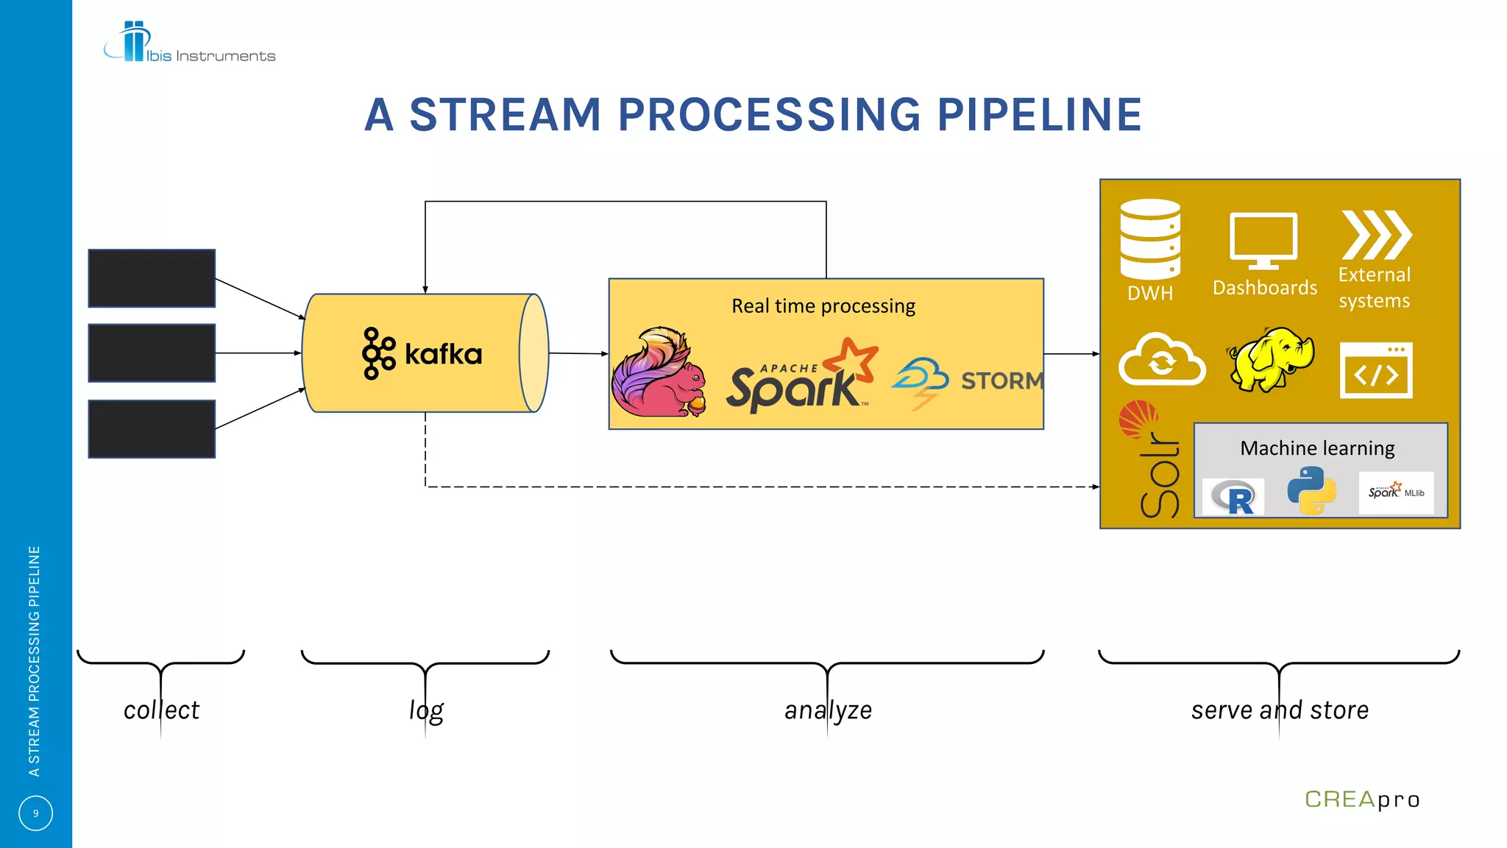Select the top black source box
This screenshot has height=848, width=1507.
(152, 278)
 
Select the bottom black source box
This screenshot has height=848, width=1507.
(152, 429)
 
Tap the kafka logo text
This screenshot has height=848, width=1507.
(443, 355)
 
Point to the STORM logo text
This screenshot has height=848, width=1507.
(1001, 381)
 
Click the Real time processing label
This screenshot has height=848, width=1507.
(823, 306)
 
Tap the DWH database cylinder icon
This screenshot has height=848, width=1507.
(1150, 239)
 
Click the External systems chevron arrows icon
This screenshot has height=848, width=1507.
(1375, 235)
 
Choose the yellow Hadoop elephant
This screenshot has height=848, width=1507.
(1271, 358)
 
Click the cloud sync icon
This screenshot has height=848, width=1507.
(1161, 360)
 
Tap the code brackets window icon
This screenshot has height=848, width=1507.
(1375, 370)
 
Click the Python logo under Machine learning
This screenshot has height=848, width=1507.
(1311, 491)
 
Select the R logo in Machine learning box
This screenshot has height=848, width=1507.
(1234, 498)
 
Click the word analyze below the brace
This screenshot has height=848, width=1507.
(828, 710)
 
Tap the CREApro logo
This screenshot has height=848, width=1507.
(1361, 799)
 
